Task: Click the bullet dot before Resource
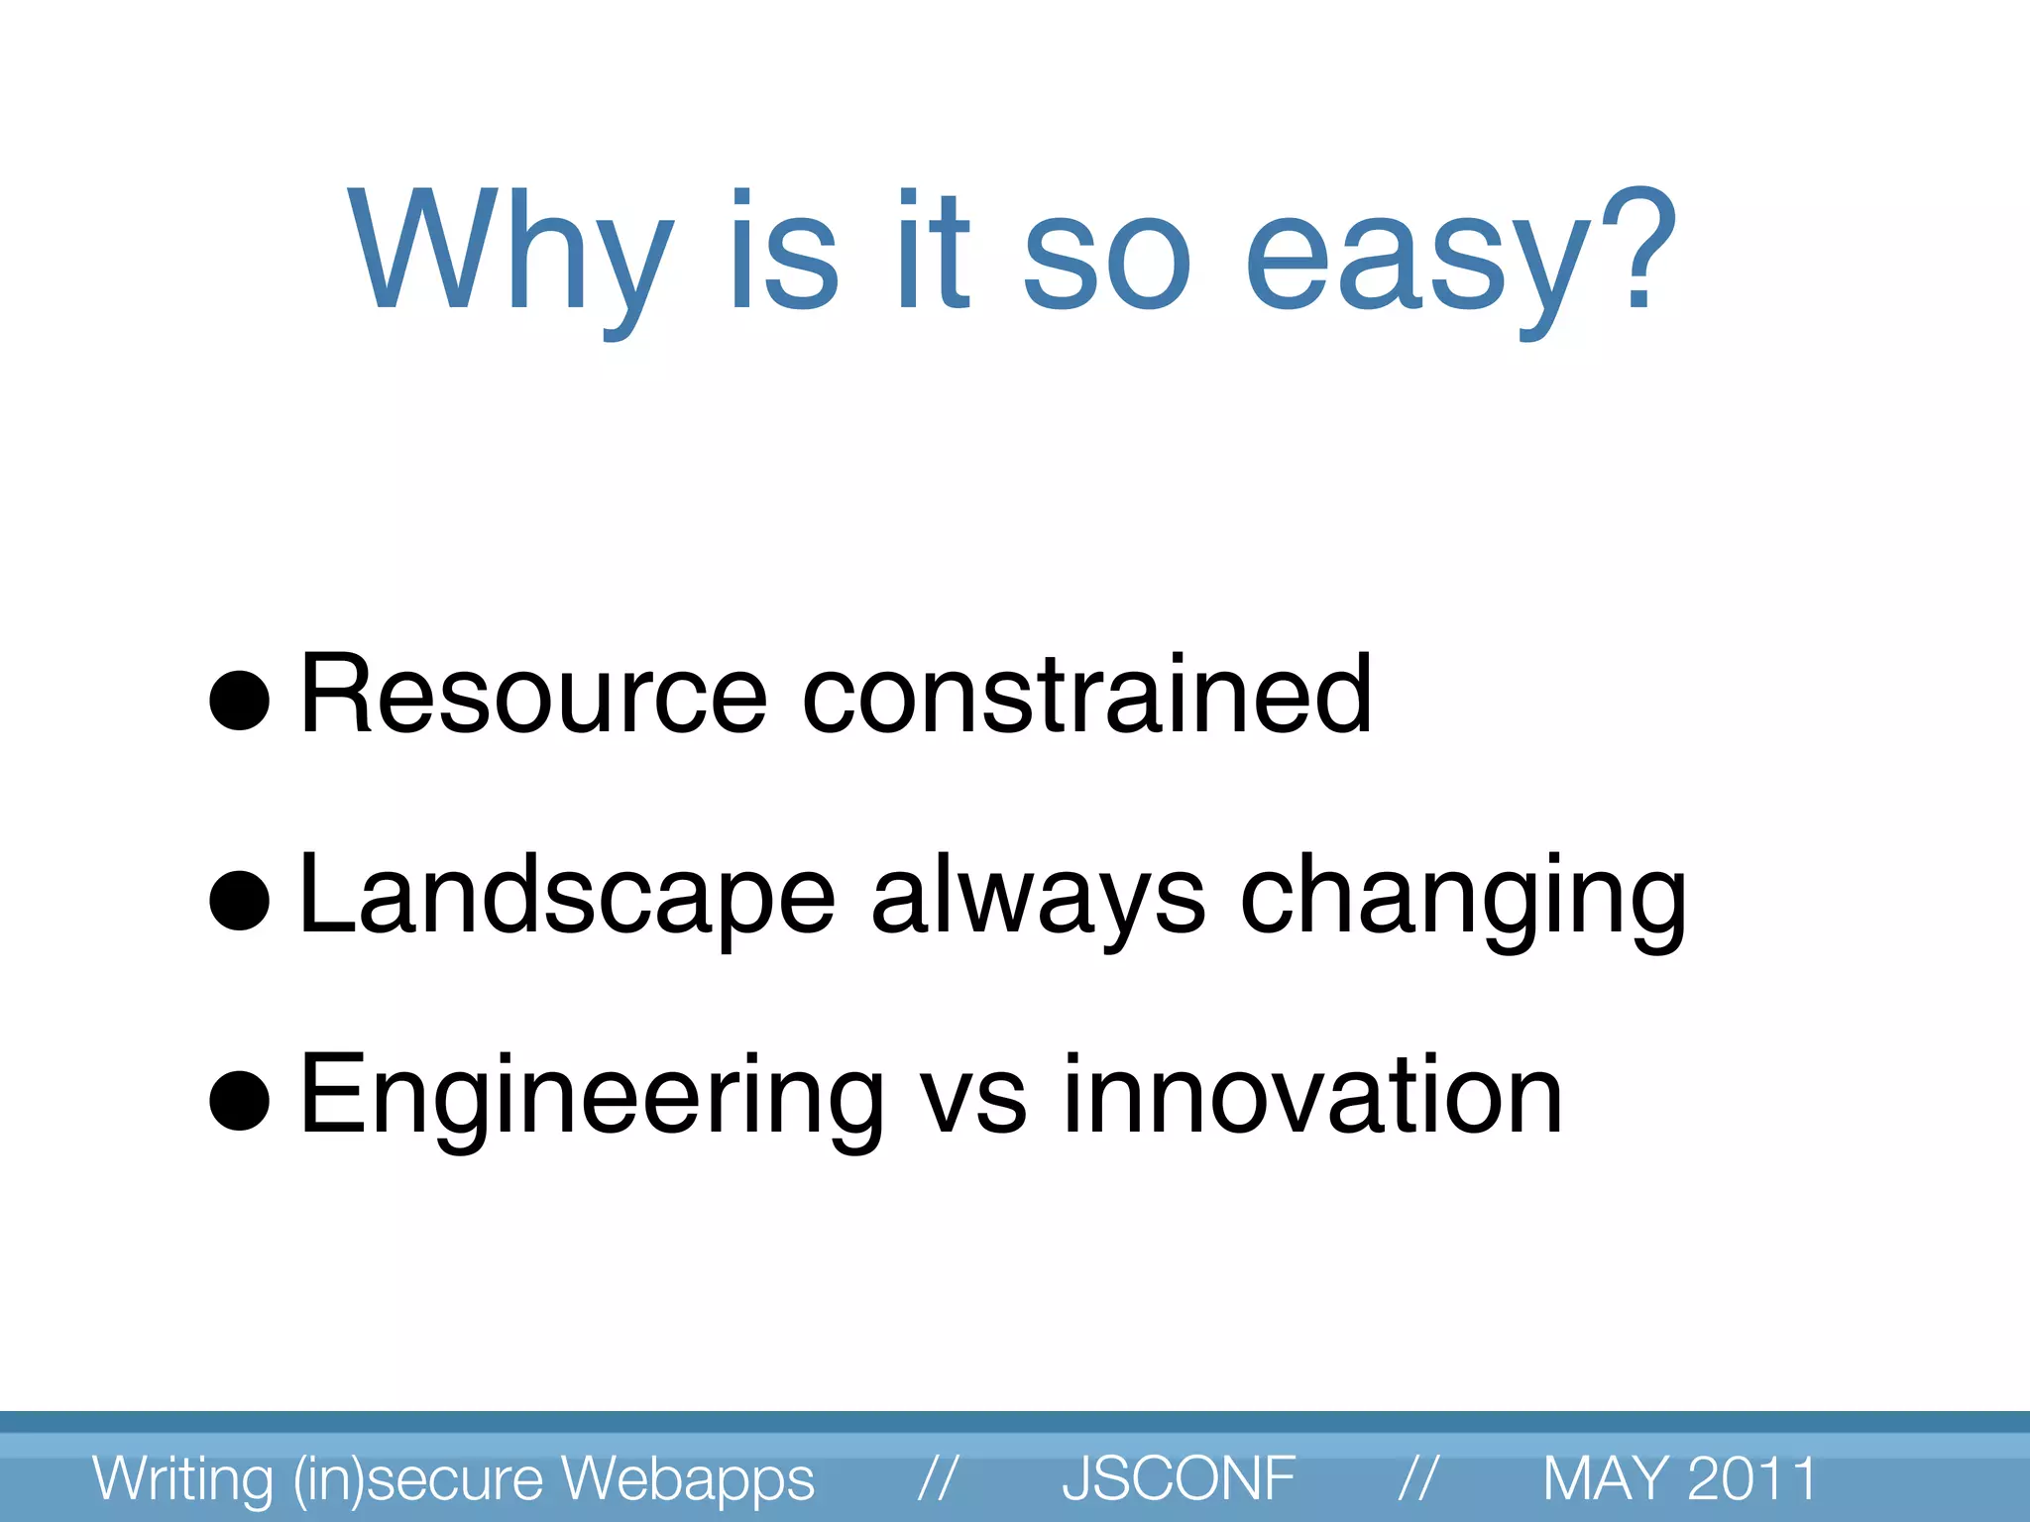pyautogui.click(x=240, y=701)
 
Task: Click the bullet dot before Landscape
pyautogui.click(x=240, y=901)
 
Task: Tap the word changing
pyautogui.click(x=1463, y=897)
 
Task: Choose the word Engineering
pyautogui.click(x=591, y=1098)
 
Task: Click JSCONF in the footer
pyautogui.click(x=1179, y=1478)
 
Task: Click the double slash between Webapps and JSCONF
pyautogui.click(x=937, y=1478)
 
